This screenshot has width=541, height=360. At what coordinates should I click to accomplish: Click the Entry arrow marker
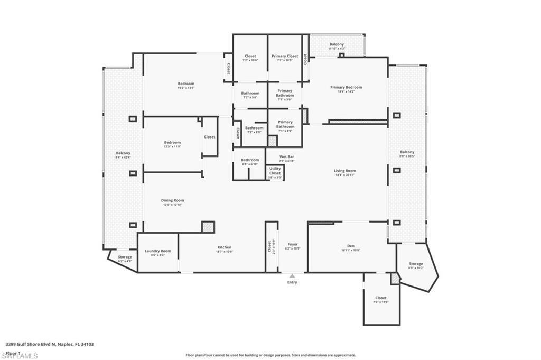292,276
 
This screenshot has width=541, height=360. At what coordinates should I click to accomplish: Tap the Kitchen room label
225,247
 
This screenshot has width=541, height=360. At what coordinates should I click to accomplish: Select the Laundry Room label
158,251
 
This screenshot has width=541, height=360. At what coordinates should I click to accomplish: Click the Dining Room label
172,201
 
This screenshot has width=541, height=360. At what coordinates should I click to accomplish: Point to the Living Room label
344,171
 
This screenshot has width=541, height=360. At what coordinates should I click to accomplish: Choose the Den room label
351,246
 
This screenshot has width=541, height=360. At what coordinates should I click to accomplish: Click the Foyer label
292,244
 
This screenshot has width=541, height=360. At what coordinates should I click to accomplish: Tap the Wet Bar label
287,157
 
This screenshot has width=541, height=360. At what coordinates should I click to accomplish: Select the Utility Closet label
275,171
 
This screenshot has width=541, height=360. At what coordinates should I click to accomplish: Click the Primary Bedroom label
346,87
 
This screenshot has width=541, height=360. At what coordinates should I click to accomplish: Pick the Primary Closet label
285,56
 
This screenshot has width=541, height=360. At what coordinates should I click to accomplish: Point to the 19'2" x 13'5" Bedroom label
186,84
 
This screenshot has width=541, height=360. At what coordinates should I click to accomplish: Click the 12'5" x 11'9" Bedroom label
172,143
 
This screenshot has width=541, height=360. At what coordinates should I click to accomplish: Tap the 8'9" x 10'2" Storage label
416,264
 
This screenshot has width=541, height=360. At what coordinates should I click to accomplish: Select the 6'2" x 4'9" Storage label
125,257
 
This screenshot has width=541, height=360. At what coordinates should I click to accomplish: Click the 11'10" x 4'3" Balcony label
337,44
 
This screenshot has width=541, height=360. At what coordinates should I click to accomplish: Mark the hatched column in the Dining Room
208,227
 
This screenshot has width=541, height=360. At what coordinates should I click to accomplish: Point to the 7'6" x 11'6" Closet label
380,298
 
